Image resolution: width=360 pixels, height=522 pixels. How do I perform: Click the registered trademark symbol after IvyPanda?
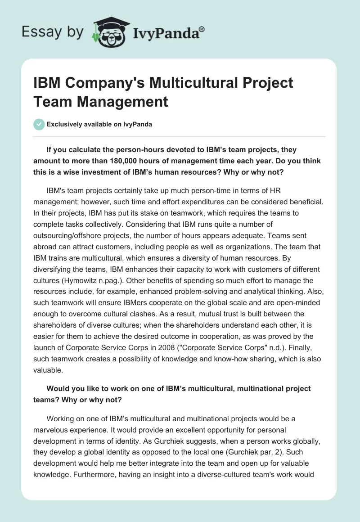tap(202, 29)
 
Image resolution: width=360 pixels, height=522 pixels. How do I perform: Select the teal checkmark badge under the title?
tap(39, 124)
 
